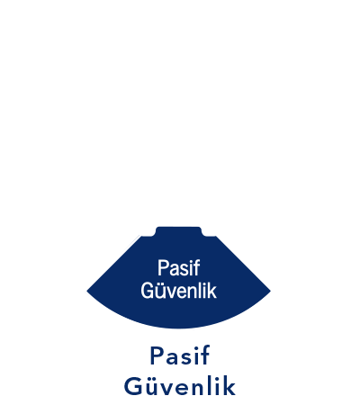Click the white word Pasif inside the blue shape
pos(178,267)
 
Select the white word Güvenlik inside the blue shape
pos(178,290)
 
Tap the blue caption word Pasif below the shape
pos(180,355)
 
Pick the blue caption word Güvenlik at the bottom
pos(180,386)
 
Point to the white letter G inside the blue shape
pos(147,291)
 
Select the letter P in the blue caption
pos(157,356)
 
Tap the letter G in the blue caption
pos(133,387)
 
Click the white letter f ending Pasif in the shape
pos(196,267)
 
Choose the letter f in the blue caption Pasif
pos(205,355)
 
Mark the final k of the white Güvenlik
pos(211,291)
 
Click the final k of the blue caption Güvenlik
pos(229,386)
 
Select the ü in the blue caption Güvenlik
pos(152,387)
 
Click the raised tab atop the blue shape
pos(178,231)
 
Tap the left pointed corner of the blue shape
pos(87,291)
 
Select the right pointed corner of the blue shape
pos(270,291)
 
